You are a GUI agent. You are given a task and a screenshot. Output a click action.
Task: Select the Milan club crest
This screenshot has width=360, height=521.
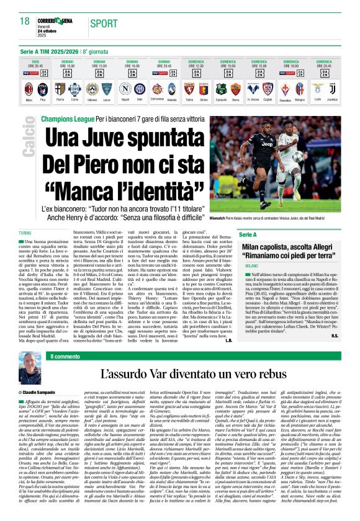pyautogui.click(x=29, y=88)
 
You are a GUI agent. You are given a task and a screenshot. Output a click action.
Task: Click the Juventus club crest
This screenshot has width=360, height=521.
pyautogui.click(x=333, y=88)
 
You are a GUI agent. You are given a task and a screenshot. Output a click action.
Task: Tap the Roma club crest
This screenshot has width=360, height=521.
pyautogui.click(x=236, y=88)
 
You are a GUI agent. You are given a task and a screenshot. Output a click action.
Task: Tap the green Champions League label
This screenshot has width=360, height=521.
pyautogui.click(x=67, y=118)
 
